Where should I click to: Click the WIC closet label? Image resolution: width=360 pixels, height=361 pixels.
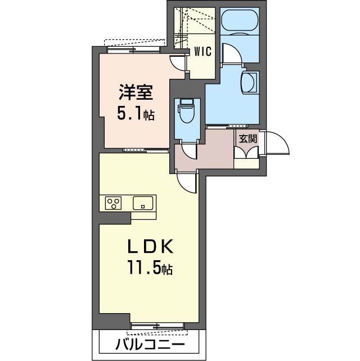202,51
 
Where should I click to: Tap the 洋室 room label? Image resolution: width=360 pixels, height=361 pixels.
134,91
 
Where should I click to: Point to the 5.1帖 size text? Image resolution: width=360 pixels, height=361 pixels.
136,114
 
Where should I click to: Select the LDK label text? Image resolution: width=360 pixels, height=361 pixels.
148,247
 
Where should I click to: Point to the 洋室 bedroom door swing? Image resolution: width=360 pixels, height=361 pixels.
179,63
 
